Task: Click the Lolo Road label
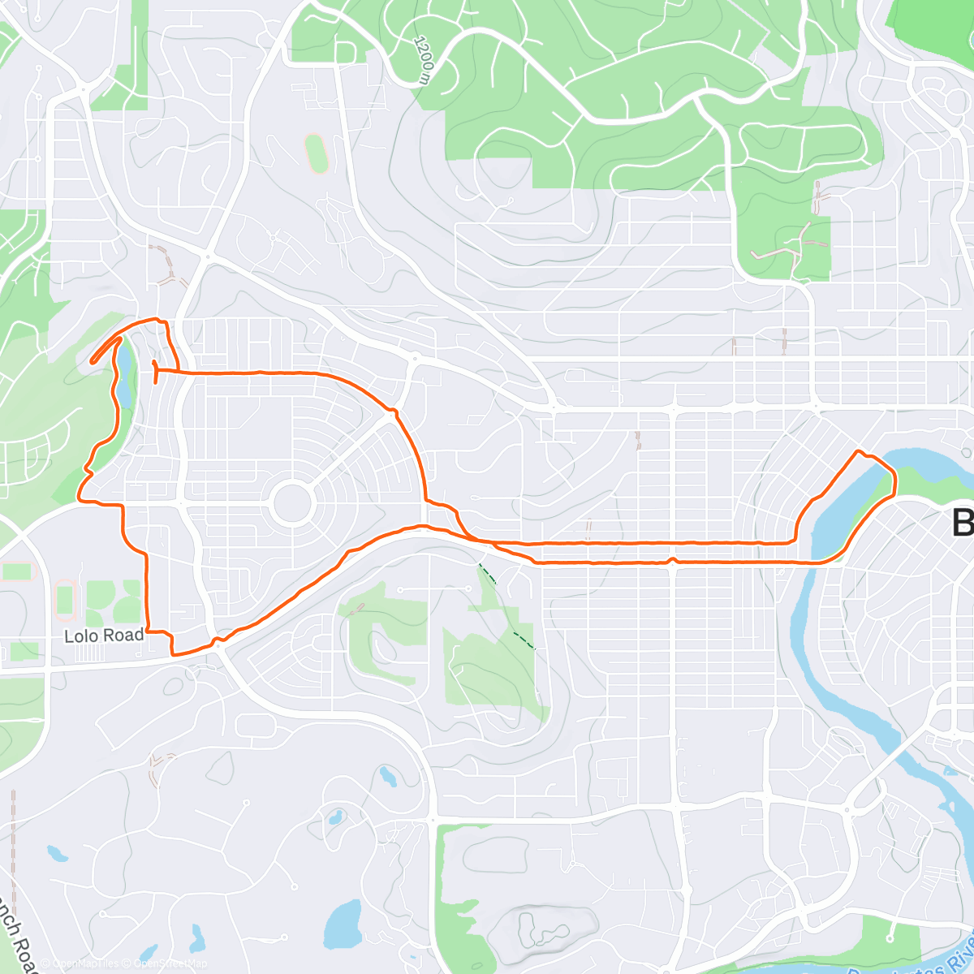pyautogui.click(x=104, y=636)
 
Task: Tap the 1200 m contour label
pyautogui.click(x=423, y=58)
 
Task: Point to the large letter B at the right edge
pyautogui.click(x=963, y=521)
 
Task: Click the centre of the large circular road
pyautogui.click(x=293, y=503)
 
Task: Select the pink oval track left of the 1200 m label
pyautogui.click(x=316, y=153)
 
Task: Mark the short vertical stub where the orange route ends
pyautogui.click(x=154, y=370)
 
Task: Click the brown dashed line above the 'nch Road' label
pyautogui.click(x=14, y=828)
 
